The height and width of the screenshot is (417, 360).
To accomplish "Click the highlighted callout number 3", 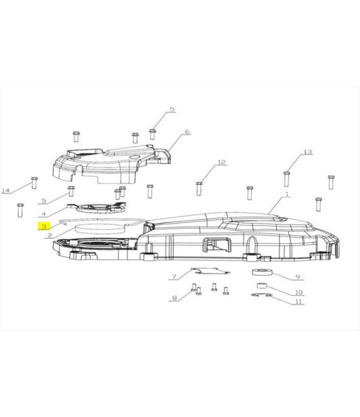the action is tap(44, 227).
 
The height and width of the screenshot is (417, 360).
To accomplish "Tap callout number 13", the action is tap(308, 152).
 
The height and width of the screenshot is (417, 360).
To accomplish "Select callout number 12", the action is tap(222, 162).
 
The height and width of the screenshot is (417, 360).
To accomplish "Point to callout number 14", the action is tap(6, 190).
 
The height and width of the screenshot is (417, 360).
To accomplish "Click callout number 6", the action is tap(187, 131).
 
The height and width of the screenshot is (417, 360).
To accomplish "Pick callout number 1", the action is tap(287, 194).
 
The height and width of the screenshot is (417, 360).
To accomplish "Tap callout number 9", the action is tap(297, 277).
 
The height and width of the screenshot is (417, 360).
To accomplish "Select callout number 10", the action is tap(299, 293).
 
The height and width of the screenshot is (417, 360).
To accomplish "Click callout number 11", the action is tap(299, 301).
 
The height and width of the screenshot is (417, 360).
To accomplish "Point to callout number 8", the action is tap(174, 298).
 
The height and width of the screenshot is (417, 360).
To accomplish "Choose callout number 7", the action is tap(174, 277).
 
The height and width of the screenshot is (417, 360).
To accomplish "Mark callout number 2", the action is tap(50, 236).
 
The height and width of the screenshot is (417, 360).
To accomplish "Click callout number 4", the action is tap(44, 214).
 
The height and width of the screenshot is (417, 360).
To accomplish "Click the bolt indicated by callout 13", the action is tap(286, 179).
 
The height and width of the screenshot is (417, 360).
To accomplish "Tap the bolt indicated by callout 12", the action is tap(199, 188).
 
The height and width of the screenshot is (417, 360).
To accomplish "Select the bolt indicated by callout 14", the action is tap(34, 183).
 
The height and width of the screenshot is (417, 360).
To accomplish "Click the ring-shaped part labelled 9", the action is tap(263, 272).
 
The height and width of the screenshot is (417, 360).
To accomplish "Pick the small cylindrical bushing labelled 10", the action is tap(261, 286).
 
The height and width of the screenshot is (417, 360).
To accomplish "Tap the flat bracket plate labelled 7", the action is tap(210, 270).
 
